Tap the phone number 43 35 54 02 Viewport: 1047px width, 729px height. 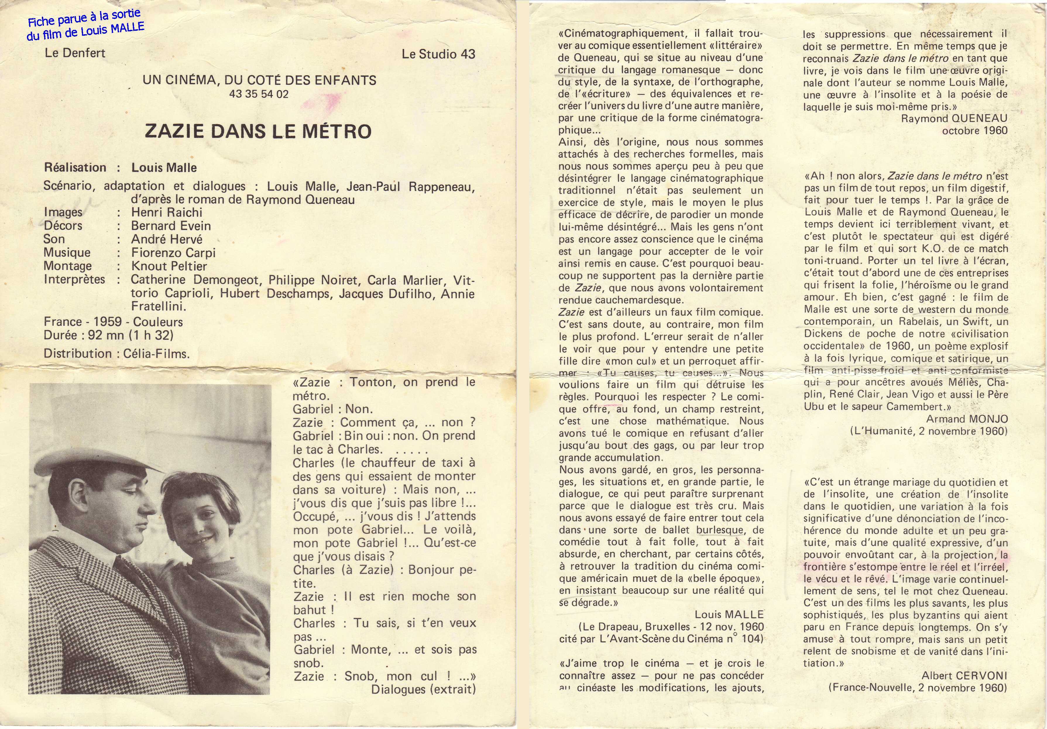coord(259,95)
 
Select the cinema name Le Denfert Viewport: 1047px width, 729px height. coord(75,53)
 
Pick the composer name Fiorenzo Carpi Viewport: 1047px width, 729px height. coord(173,252)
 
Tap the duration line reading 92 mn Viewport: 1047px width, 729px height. coord(109,335)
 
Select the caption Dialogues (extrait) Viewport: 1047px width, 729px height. coord(423,689)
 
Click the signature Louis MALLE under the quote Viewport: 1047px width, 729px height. coord(729,615)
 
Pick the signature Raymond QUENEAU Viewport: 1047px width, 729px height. coord(954,118)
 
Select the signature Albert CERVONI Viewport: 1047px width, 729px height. coord(964,676)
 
